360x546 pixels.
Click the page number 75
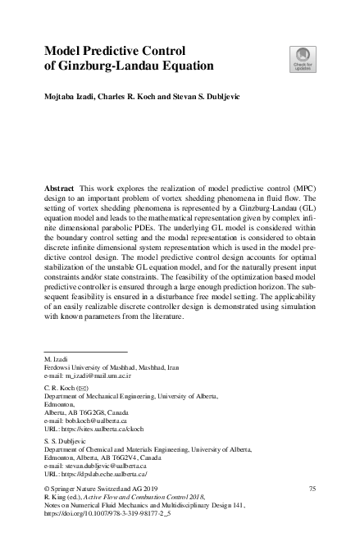point(311,489)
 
